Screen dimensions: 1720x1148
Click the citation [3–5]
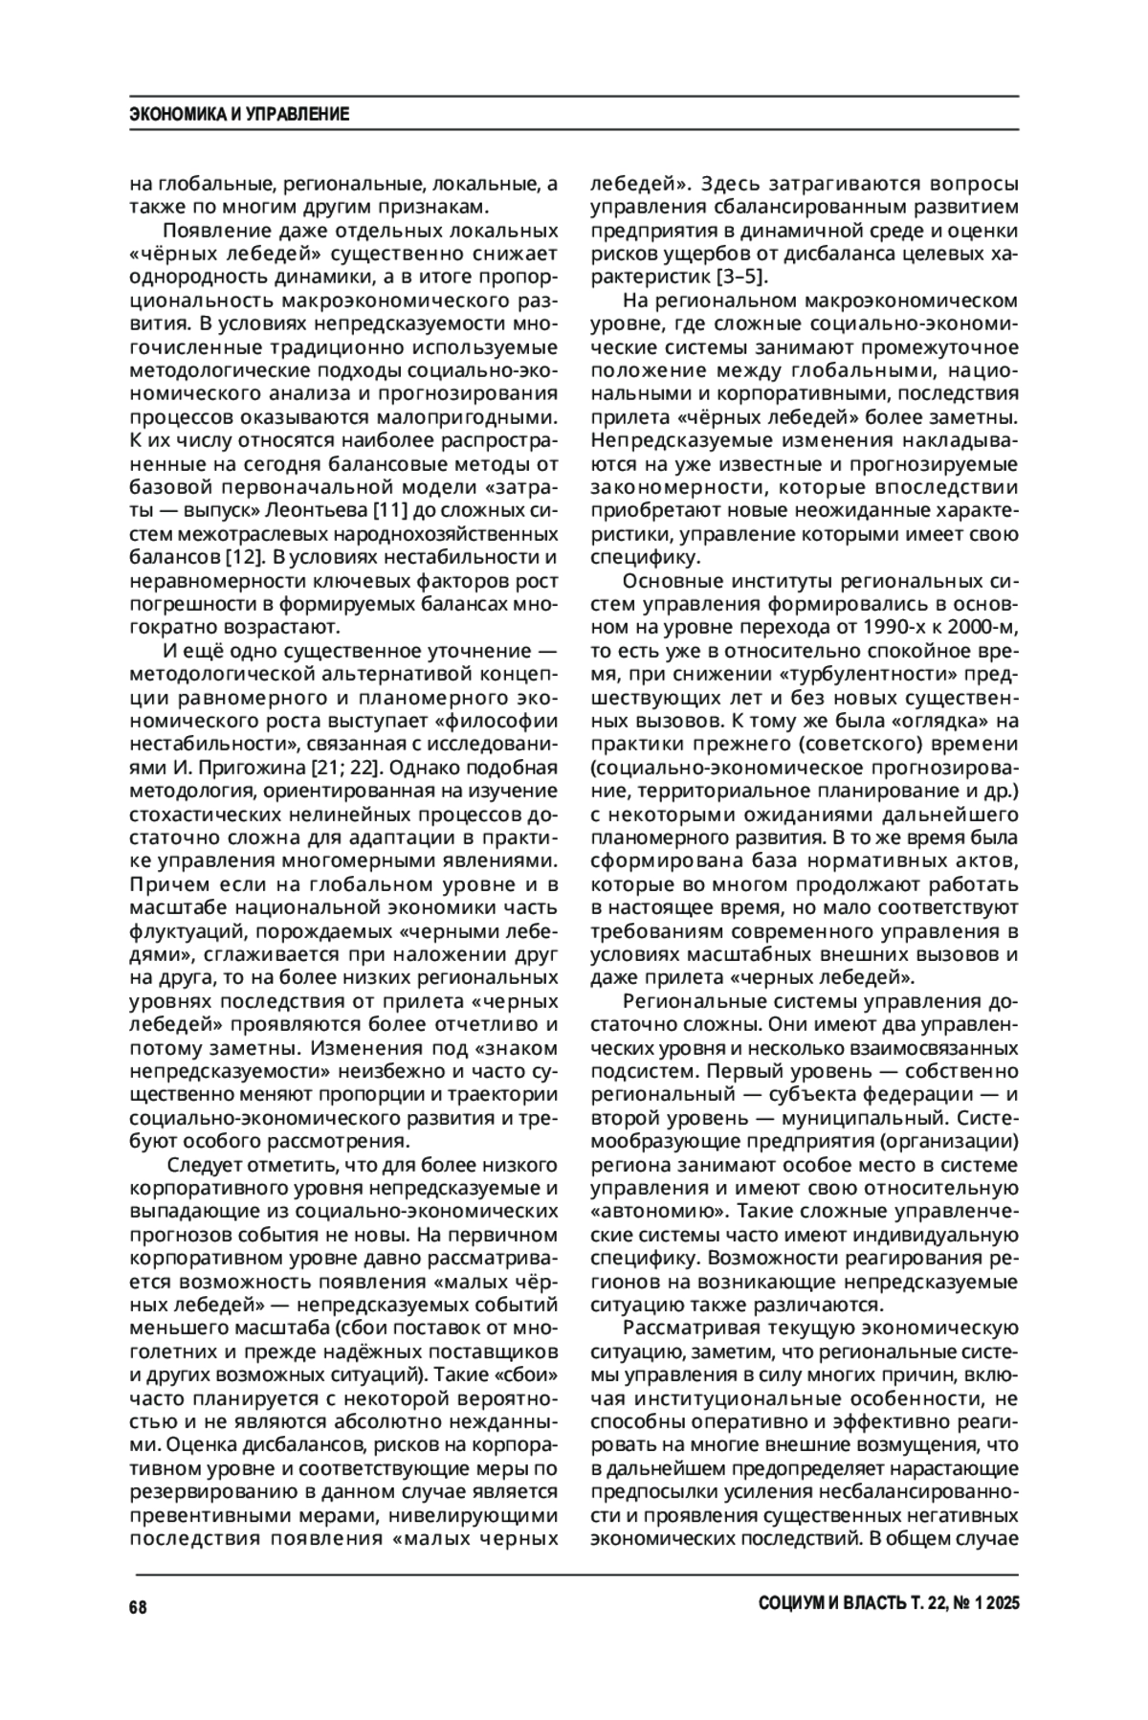tap(740, 278)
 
